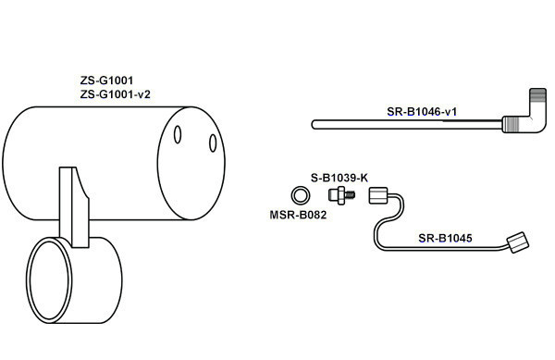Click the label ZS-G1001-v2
pos(115,94)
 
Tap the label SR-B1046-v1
pos(422,112)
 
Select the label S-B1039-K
pos(339,178)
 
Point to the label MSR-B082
pos(298,215)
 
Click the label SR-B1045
pos(445,238)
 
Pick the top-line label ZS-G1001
pos(106,81)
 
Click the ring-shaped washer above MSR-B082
pos(301,195)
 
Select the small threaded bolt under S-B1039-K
pos(341,196)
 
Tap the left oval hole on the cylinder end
pos(178,135)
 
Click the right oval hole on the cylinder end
pos(213,143)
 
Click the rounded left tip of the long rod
pos(314,125)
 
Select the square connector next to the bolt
pos(378,196)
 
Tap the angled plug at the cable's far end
pos(518,242)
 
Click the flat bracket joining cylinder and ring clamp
pos(74,207)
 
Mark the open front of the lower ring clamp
pos(49,280)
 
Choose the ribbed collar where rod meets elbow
pos(511,124)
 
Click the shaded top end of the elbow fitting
pos(538,95)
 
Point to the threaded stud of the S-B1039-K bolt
pos(351,195)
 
